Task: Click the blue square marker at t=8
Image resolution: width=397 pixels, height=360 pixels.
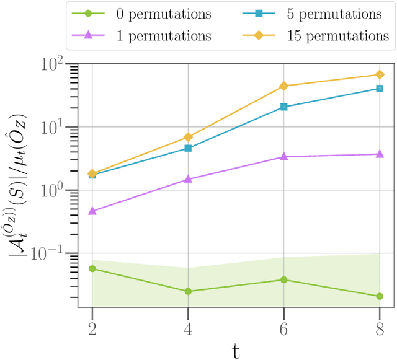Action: click(380, 89)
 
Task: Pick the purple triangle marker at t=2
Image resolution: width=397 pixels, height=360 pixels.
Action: click(92, 211)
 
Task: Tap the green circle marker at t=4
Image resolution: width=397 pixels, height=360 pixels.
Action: click(188, 291)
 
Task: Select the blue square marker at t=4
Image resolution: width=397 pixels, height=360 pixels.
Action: click(188, 149)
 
